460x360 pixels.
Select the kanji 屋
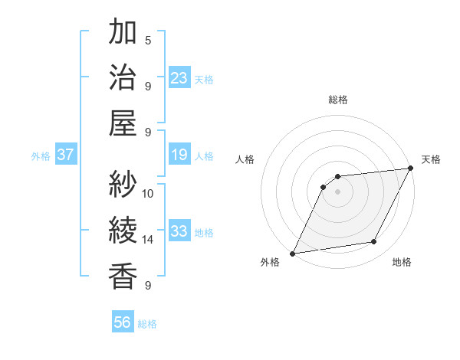(123, 123)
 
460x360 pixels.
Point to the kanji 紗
(123, 185)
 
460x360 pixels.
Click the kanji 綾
(123, 230)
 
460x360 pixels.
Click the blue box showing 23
(179, 77)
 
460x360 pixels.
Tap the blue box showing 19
(179, 155)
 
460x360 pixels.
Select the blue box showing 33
(179, 232)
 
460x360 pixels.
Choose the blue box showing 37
(66, 155)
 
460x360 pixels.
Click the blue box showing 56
(123, 323)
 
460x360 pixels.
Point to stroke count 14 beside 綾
(148, 240)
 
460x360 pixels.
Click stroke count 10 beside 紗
(148, 193)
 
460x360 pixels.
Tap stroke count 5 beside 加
(148, 40)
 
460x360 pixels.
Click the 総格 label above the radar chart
(337, 100)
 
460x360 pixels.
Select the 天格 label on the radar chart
(431, 159)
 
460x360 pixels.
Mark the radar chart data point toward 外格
(292, 253)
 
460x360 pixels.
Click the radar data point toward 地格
(374, 242)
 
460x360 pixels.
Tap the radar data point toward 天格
(411, 168)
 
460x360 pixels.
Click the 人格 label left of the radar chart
(245, 159)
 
